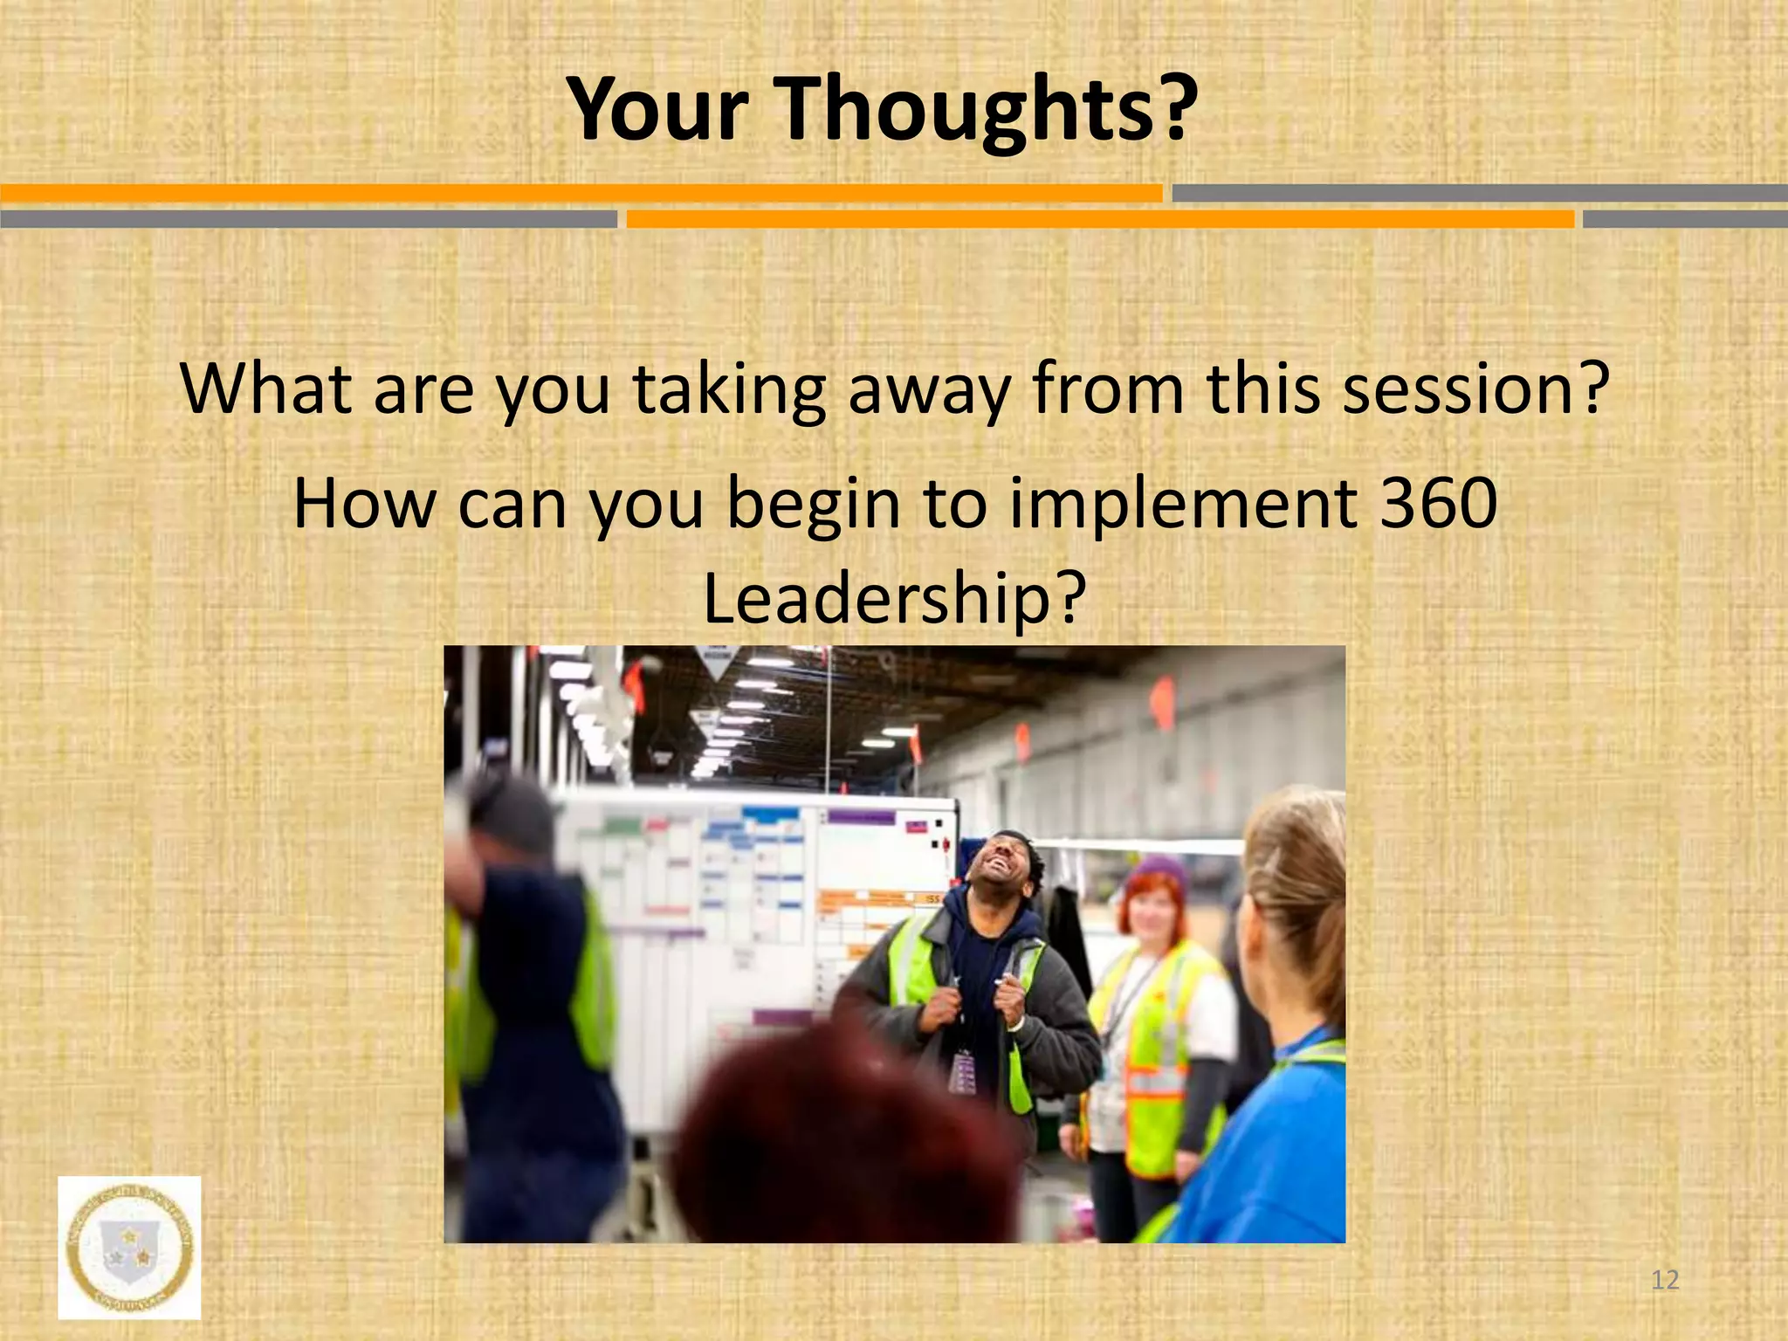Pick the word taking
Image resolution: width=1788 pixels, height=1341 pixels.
pyautogui.click(x=729, y=390)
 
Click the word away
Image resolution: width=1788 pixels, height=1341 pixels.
pyautogui.click(x=928, y=390)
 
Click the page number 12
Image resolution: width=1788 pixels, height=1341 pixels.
pyautogui.click(x=1666, y=1280)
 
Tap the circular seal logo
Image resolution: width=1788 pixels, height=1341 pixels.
pyautogui.click(x=129, y=1247)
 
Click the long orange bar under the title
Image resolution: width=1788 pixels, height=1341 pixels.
pyautogui.click(x=581, y=193)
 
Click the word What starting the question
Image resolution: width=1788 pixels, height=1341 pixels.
pyautogui.click(x=266, y=389)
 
